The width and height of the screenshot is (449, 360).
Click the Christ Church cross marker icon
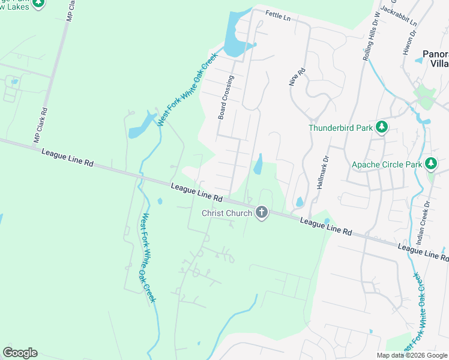tap(261, 212)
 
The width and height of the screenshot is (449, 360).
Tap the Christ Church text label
tap(228, 213)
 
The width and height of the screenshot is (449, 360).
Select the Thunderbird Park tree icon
tap(382, 127)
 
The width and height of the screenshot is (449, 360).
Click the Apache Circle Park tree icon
tap(430, 163)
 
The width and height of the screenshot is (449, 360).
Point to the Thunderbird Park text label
tap(340, 128)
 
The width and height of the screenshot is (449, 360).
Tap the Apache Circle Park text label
tap(386, 164)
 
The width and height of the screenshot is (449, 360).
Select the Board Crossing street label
tap(226, 97)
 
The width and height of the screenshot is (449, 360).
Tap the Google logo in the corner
tap(20, 353)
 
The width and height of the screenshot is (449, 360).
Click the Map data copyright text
tap(412, 355)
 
